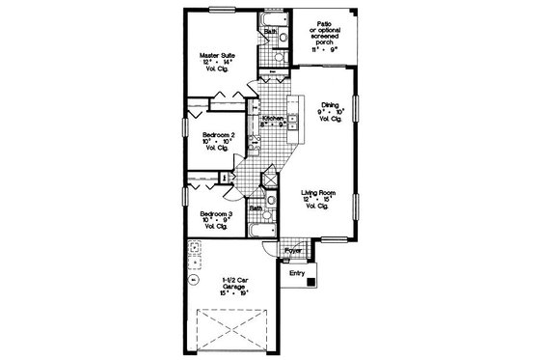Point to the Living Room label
(317, 199)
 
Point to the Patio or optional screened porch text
(328, 35)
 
